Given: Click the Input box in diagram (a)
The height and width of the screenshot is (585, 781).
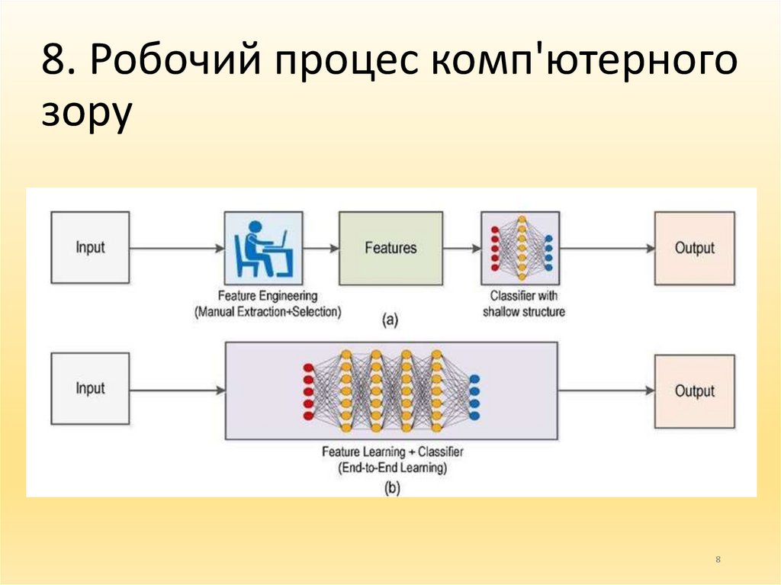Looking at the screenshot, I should [90, 248].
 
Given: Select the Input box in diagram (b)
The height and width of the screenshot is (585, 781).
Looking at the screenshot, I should [90, 389].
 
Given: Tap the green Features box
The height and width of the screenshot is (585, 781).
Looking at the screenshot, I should [390, 248].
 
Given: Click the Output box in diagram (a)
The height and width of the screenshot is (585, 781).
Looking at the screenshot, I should [694, 248].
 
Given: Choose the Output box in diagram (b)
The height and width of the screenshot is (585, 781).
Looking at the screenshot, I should [694, 391].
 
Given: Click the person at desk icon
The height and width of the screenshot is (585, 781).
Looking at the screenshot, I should [263, 248].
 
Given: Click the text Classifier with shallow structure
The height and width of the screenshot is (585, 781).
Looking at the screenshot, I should [523, 304].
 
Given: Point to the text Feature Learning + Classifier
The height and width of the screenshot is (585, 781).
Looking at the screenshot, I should [392, 452].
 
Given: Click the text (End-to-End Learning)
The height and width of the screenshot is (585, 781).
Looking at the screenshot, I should [392, 468].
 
